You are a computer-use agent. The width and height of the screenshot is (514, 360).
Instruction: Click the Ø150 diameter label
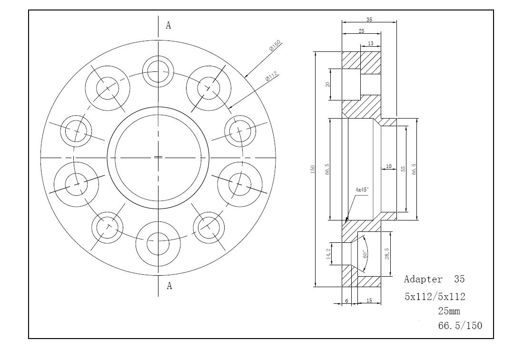click(275, 46)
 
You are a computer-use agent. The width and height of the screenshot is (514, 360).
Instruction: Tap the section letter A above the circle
click(168, 25)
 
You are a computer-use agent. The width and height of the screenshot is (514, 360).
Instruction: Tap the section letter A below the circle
click(169, 286)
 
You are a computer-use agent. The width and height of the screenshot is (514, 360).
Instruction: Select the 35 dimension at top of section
click(369, 20)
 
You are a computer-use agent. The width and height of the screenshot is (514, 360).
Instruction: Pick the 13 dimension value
click(370, 43)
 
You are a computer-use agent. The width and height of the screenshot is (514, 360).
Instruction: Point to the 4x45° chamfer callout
click(362, 190)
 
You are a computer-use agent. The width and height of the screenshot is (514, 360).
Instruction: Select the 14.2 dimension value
click(328, 253)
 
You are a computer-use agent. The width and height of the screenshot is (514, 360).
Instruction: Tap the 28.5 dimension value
click(387, 253)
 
